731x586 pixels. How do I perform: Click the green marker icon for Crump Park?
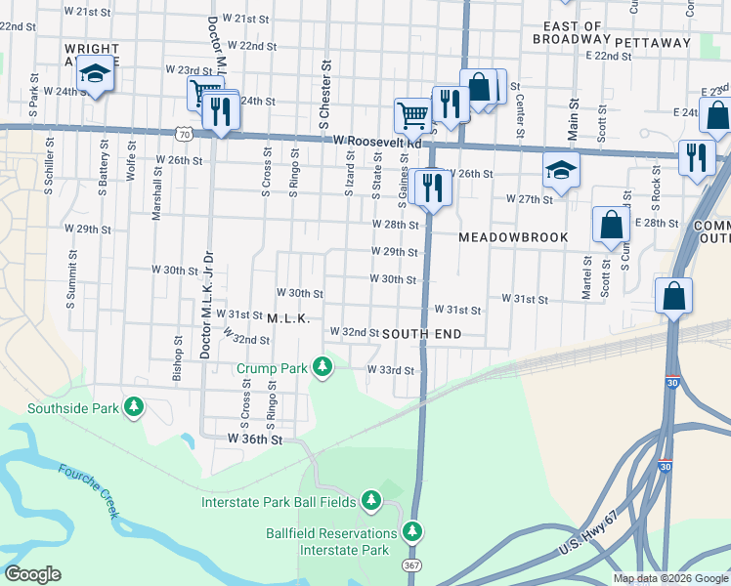tap(322, 368)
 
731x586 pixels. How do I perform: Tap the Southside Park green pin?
tap(135, 408)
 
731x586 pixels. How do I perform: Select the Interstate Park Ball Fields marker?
tap(370, 501)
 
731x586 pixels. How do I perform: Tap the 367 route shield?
tap(411, 565)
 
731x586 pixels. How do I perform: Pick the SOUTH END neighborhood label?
tap(421, 334)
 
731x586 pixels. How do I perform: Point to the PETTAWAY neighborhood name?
tap(652, 42)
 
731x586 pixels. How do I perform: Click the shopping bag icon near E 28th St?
tap(611, 224)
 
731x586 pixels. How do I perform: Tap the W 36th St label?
tap(255, 440)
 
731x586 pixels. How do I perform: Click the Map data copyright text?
tap(669, 578)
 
